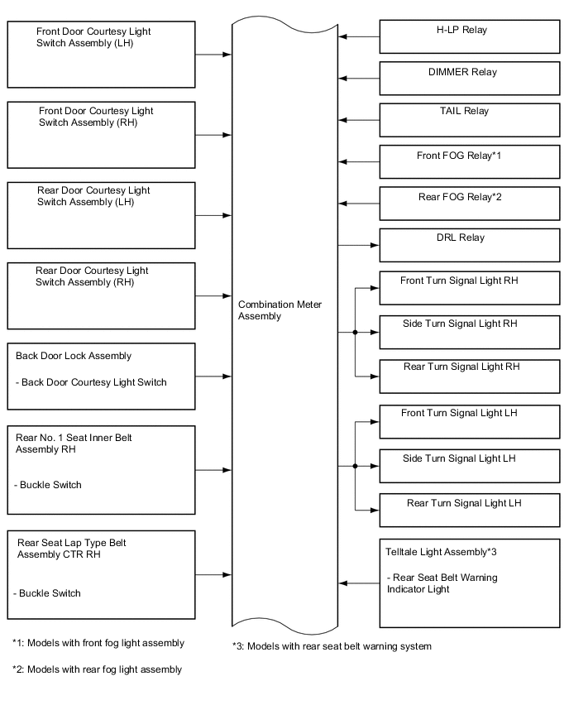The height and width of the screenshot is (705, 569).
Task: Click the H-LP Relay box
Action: coord(469,37)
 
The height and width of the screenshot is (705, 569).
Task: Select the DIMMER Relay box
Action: coord(469,79)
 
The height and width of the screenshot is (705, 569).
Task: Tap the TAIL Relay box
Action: coord(469,120)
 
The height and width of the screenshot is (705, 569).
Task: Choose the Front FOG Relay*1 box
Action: coord(469,161)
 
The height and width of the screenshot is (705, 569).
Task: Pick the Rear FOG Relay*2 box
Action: coord(469,204)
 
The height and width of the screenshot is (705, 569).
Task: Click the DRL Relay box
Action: coord(469,245)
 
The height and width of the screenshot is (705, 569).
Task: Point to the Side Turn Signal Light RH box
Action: coord(469,332)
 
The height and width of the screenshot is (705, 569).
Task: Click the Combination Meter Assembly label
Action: coord(280,310)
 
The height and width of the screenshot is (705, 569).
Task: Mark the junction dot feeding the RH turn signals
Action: coord(355,333)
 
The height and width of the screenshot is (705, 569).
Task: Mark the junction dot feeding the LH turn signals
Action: coord(355,466)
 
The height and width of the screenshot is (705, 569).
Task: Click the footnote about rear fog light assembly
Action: coord(98,669)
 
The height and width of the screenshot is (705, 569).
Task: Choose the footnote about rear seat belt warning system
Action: coord(332,646)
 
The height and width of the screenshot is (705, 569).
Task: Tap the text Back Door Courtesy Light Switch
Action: coord(91,382)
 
